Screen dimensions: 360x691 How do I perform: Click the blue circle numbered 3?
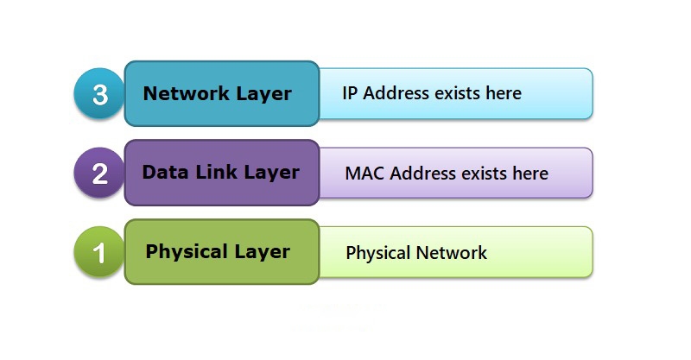(99, 94)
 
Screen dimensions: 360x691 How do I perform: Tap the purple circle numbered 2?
(99, 174)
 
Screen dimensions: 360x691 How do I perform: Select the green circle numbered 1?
(99, 253)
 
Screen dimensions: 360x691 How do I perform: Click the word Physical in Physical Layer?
(179, 252)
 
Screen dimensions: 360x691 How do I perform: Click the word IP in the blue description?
(351, 93)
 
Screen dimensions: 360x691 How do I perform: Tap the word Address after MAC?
(422, 174)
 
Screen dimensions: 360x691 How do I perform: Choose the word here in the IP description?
(503, 93)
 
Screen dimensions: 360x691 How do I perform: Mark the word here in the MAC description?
(529, 174)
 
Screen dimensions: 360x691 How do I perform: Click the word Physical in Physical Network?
(377, 254)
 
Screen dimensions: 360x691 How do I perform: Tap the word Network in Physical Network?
(452, 253)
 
